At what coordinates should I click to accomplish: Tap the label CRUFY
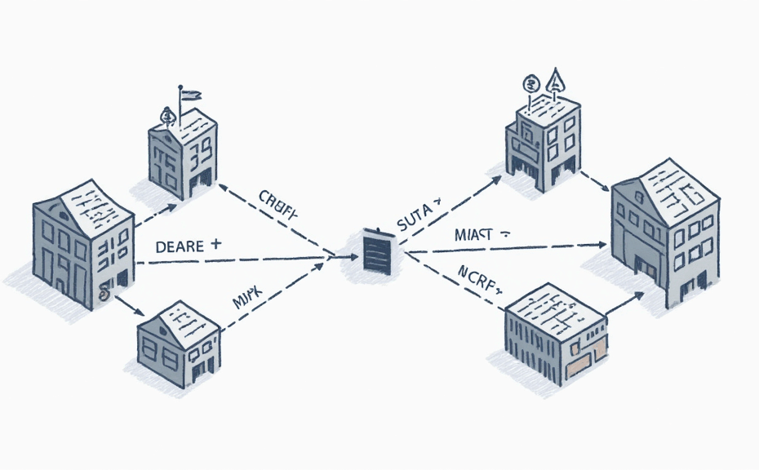click(x=278, y=200)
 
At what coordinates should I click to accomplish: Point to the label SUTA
click(x=418, y=222)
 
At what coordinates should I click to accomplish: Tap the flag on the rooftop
click(x=189, y=95)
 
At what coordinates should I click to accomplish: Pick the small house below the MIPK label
click(x=178, y=342)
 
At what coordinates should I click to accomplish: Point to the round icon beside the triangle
click(x=530, y=83)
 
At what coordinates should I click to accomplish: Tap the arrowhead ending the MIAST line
click(x=602, y=244)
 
